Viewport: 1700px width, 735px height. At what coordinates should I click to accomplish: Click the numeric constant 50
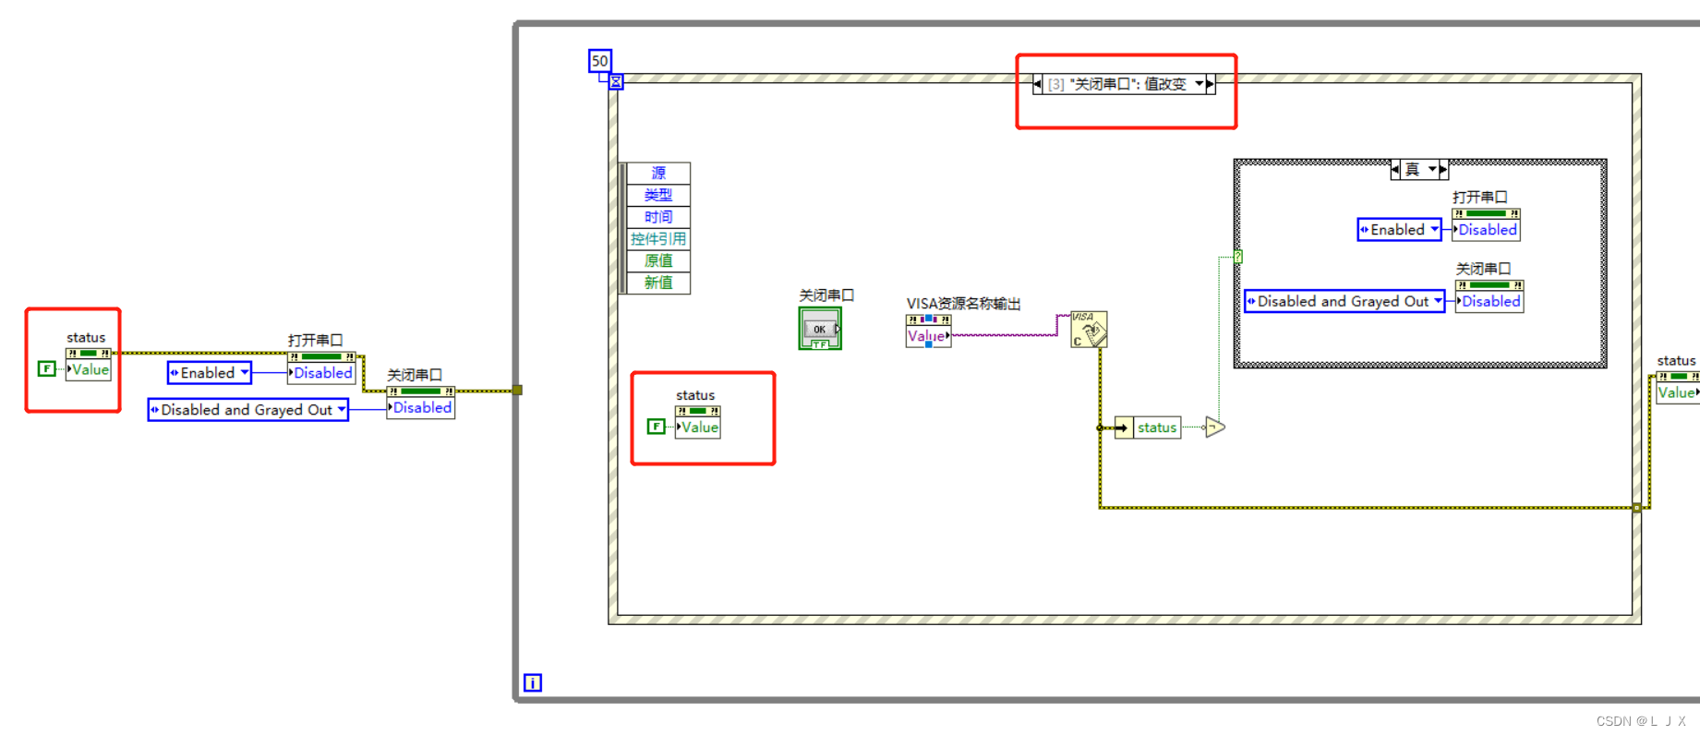[600, 61]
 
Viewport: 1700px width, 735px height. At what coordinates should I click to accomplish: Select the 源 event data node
[658, 173]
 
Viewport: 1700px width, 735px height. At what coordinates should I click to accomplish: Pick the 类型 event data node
[658, 195]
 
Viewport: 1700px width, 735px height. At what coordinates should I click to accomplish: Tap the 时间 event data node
[658, 217]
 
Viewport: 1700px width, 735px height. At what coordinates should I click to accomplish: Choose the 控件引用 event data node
[658, 239]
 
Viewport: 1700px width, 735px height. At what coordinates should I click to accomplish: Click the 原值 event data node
[658, 260]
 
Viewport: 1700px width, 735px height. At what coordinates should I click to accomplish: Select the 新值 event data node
[658, 283]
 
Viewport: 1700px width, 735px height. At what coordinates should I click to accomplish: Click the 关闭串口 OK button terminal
[820, 329]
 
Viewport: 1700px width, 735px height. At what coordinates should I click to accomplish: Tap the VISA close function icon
[1089, 330]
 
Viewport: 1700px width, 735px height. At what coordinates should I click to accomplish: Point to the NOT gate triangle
[1214, 428]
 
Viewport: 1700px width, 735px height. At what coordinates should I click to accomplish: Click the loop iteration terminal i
[533, 682]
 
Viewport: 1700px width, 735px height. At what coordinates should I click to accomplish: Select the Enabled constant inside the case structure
[1398, 230]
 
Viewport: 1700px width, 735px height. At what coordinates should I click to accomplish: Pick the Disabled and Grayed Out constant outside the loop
[247, 410]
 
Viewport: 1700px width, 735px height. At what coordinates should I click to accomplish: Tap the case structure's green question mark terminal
[1237, 257]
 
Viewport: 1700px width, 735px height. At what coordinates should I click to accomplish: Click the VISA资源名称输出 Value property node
[927, 336]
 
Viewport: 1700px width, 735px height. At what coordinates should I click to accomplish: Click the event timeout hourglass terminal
[616, 82]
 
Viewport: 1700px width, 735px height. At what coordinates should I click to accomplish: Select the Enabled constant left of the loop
[209, 373]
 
